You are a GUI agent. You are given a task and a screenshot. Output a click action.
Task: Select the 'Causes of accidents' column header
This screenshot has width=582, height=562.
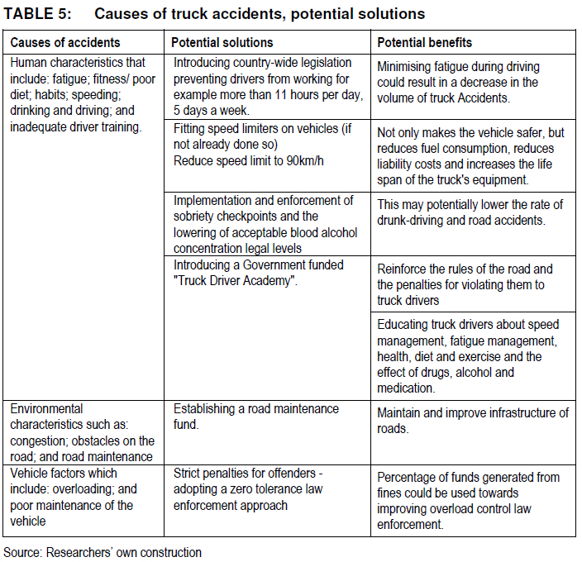tap(64, 42)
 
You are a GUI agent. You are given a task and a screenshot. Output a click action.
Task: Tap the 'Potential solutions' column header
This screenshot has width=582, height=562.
tap(222, 42)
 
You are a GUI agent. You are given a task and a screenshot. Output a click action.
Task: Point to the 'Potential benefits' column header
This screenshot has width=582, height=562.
tap(425, 42)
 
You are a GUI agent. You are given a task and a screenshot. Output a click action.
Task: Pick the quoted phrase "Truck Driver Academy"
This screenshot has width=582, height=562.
tap(235, 282)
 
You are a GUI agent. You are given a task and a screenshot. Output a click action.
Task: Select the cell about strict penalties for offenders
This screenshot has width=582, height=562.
tap(255, 490)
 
